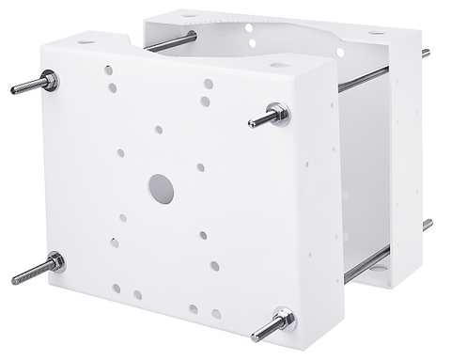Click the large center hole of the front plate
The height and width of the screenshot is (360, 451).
coord(161,190)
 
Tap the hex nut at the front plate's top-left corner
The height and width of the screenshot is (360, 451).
coord(49,81)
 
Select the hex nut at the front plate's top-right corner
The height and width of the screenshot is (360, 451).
coord(279,114)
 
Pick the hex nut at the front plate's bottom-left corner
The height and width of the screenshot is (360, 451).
coord(54,262)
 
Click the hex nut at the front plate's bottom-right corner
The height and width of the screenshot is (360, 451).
coord(285,320)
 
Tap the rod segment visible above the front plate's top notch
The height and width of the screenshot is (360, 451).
coord(170,42)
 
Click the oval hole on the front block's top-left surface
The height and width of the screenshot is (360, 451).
coord(86,42)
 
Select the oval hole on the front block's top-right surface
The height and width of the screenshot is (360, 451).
coord(279,65)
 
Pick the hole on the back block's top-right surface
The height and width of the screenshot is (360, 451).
coord(376,33)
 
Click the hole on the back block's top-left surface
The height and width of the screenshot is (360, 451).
coord(189,15)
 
